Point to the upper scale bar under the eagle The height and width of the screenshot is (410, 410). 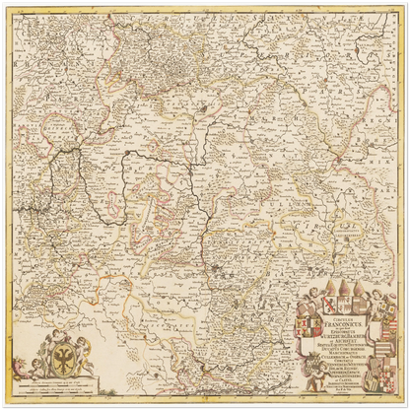pyautogui.click(x=62, y=382)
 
